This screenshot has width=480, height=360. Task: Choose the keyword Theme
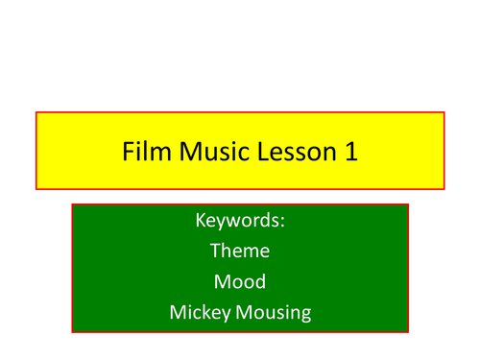coord(239,252)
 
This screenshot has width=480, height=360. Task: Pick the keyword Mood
coord(239,282)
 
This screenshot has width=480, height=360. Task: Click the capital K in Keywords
coord(200,222)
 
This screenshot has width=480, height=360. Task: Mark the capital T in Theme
coord(214,252)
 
